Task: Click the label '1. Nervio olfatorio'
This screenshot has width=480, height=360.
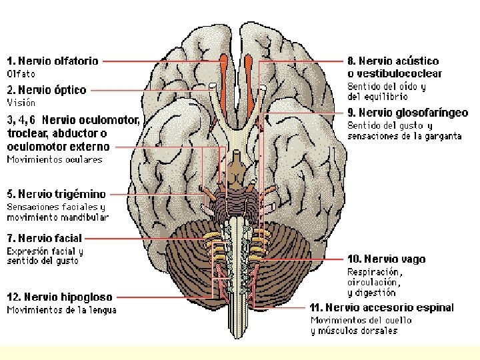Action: [53, 61]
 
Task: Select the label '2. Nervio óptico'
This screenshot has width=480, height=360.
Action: [47, 90]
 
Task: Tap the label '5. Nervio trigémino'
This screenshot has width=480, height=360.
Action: [57, 194]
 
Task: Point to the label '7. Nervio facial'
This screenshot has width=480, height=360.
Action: [45, 237]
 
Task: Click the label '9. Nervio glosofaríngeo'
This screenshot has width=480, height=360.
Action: [407, 113]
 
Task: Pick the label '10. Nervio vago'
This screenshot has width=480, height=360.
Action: [386, 259]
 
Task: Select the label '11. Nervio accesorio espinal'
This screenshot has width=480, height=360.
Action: [381, 307]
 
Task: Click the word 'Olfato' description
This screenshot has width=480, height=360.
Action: [21, 74]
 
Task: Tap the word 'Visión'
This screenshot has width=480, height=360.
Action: [21, 103]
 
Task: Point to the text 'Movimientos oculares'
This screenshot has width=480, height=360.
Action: [55, 160]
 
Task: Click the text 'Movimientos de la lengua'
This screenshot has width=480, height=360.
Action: [61, 310]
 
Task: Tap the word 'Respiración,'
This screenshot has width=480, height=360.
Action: [375, 272]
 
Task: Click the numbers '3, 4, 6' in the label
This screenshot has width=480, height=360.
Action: [21, 120]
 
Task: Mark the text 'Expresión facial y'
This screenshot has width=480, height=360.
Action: [45, 251]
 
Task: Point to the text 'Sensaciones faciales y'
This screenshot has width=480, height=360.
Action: [56, 207]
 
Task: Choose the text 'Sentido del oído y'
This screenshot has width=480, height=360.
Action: [387, 87]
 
